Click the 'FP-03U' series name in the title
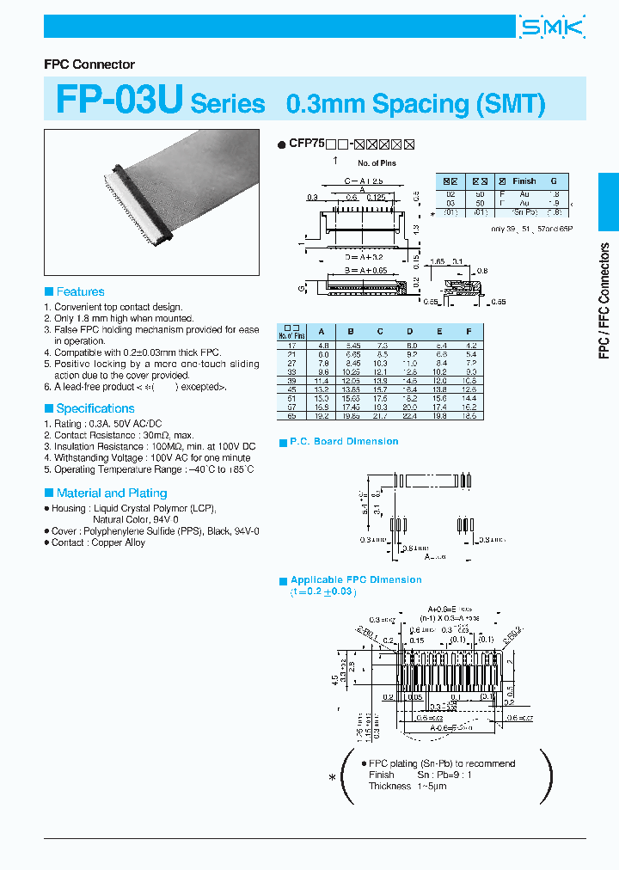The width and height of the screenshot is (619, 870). pyautogui.click(x=119, y=101)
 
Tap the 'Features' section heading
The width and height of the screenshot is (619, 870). pyautogui.click(x=80, y=291)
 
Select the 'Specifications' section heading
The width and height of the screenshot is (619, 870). pyautogui.click(x=95, y=408)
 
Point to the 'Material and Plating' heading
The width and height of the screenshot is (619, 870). pyautogui.click(x=111, y=493)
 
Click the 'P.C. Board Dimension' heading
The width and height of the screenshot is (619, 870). pyautogui.click(x=344, y=441)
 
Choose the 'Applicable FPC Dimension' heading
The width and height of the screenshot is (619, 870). pyautogui.click(x=356, y=579)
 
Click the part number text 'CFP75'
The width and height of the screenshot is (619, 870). pyautogui.click(x=305, y=144)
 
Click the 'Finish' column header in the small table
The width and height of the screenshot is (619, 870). pyautogui.click(x=524, y=181)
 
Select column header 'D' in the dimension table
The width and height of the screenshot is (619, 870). pyautogui.click(x=409, y=331)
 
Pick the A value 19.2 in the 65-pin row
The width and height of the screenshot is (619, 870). pyautogui.click(x=322, y=415)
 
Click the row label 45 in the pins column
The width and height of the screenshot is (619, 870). pyautogui.click(x=292, y=388)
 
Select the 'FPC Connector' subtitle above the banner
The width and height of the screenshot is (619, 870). pyautogui.click(x=89, y=64)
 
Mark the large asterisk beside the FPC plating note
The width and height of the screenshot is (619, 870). pyautogui.click(x=333, y=778)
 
